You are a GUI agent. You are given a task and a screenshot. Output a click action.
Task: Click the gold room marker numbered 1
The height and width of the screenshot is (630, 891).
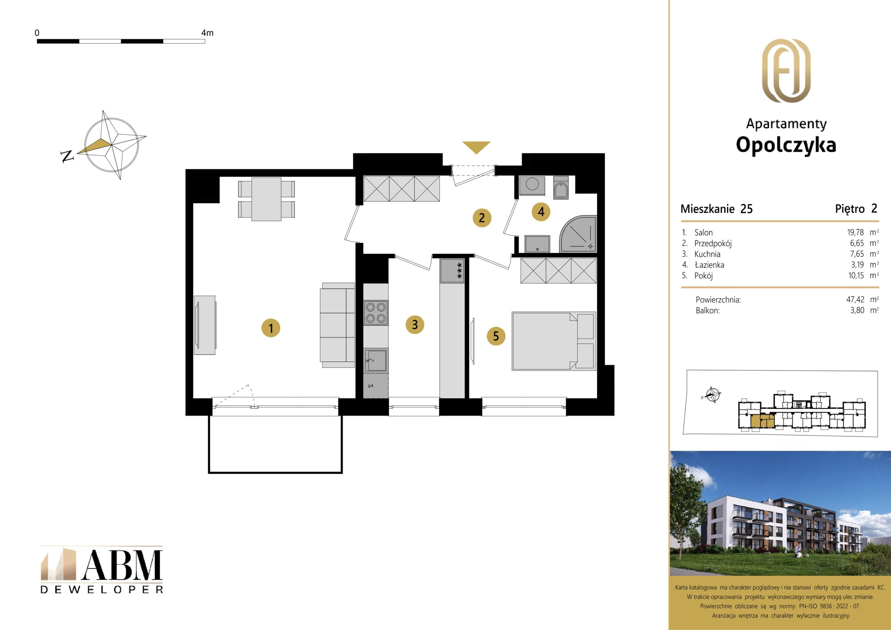(x=270, y=328)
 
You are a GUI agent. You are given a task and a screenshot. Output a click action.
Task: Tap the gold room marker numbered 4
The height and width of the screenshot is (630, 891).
(x=541, y=212)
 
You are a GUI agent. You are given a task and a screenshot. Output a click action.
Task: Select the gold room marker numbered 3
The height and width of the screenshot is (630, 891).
(x=415, y=324)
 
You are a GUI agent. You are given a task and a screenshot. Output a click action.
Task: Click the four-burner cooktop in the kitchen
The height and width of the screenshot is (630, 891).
(x=376, y=313)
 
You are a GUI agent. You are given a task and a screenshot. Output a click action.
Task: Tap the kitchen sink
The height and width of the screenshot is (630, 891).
(x=376, y=361)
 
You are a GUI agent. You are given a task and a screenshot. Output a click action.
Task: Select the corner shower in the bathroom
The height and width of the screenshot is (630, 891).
(x=578, y=234)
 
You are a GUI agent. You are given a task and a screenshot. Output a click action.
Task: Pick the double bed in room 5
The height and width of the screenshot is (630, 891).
(x=554, y=341)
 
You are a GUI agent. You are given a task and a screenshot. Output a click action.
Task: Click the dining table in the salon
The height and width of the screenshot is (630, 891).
(x=266, y=199)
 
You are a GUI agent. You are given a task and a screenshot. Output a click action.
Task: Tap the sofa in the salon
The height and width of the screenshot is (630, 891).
(x=337, y=325)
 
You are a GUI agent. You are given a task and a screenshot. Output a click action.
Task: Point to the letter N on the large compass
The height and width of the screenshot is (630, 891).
(x=67, y=156)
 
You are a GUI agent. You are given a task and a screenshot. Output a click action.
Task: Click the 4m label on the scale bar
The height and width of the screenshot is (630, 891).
(x=207, y=33)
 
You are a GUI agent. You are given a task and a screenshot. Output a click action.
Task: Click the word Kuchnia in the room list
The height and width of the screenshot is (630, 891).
(x=707, y=254)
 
